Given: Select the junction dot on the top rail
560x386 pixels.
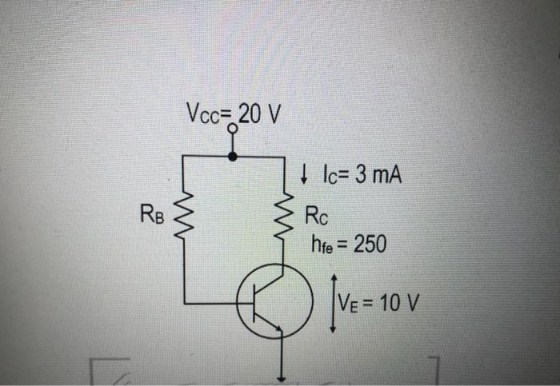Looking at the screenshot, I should pos(233,157).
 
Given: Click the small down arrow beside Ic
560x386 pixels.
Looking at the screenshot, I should pos(304,173).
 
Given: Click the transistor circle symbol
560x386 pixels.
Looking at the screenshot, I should pos(273,302).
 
